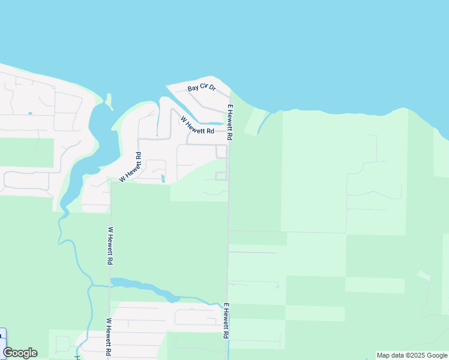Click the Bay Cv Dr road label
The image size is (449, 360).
[201, 88]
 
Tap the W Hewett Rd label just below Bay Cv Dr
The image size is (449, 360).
[197, 125]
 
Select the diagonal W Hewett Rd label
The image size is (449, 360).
[131, 167]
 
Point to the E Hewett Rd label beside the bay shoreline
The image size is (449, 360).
[230, 123]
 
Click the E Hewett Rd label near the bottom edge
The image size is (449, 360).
[227, 321]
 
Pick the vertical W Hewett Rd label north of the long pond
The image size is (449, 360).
[110, 245]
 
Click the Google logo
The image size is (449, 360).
[20, 353]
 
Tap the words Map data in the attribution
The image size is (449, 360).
[390, 355]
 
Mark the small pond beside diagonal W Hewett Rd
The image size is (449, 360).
[163, 178]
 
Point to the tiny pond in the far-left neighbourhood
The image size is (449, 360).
[29, 113]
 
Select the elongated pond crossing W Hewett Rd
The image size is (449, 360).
[144, 288]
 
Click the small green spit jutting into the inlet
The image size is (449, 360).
[109, 101]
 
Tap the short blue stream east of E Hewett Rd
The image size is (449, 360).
[263, 124]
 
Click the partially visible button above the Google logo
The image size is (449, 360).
[2, 336]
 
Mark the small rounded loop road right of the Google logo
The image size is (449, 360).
[62, 343]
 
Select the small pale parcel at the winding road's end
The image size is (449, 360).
[424, 275]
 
